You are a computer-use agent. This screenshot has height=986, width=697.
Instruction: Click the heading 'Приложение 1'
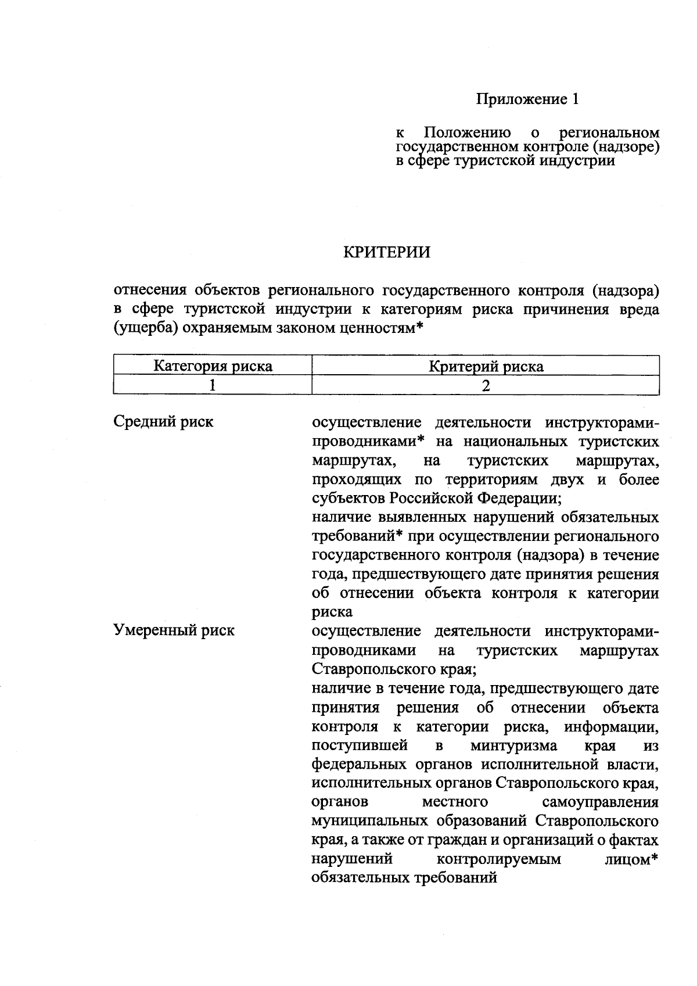[527, 99]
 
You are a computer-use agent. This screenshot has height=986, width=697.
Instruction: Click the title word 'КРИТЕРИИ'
[387, 252]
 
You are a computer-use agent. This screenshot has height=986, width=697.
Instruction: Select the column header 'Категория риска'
[213, 366]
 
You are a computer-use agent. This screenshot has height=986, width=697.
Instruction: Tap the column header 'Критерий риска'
[486, 366]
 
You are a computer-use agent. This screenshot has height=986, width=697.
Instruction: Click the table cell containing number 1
[213, 385]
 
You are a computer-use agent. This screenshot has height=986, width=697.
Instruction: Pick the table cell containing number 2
[486, 385]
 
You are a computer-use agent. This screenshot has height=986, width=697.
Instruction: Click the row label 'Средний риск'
[163, 422]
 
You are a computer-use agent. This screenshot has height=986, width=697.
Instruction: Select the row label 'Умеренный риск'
[174, 630]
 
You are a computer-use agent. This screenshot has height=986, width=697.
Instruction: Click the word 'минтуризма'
[513, 745]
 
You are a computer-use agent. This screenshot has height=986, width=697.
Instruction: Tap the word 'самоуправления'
[600, 802]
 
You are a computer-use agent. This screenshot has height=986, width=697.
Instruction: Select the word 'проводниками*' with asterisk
[369, 442]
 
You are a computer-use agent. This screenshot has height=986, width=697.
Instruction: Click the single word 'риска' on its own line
[332, 612]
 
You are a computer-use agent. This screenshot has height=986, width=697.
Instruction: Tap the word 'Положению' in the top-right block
[468, 132]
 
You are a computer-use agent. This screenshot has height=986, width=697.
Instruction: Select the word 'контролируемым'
[498, 859]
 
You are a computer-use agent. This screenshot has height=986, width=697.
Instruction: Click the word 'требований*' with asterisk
[358, 536]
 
